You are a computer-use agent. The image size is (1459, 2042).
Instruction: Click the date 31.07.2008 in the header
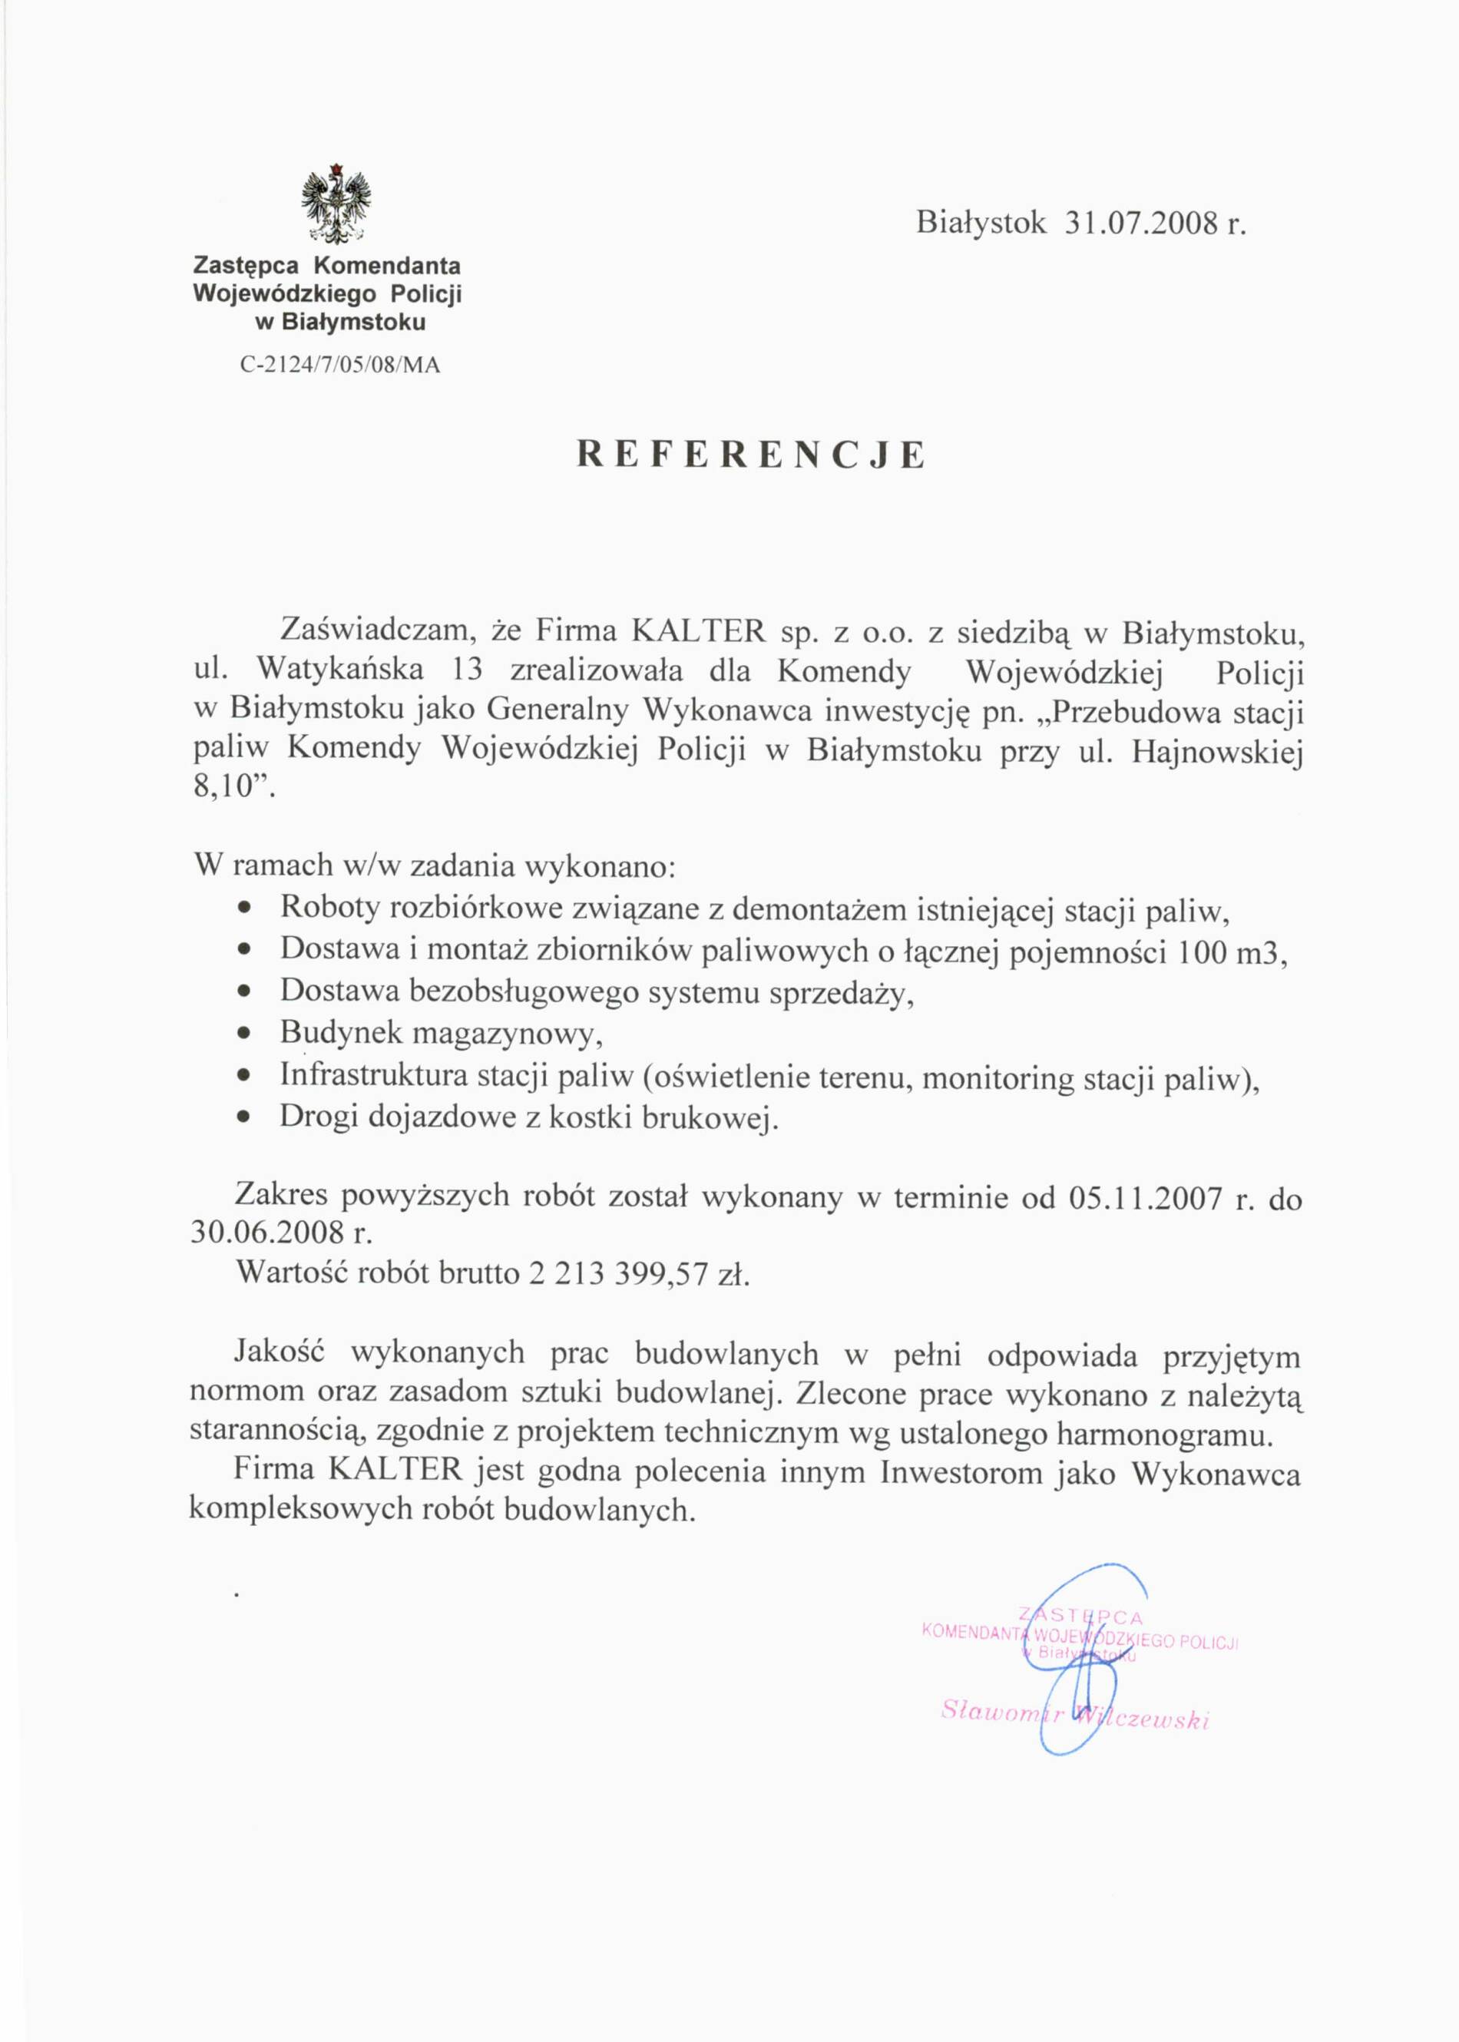click(x=1142, y=223)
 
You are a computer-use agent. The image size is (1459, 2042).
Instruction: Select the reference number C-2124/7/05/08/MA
click(x=340, y=366)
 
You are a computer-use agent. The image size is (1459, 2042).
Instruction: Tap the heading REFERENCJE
click(x=750, y=455)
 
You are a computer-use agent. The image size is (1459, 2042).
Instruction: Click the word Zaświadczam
click(x=379, y=631)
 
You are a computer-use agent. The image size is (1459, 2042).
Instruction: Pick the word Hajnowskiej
click(x=1216, y=751)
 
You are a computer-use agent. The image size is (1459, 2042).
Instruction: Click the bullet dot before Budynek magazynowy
click(x=242, y=1035)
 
